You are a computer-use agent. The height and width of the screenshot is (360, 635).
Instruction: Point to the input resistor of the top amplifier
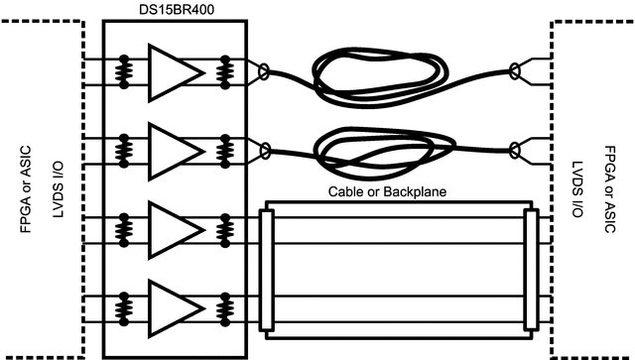tap(125, 70)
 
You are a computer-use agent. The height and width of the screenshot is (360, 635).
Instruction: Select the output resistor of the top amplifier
tap(225, 70)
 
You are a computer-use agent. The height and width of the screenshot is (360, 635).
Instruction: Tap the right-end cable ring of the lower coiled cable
tap(514, 150)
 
